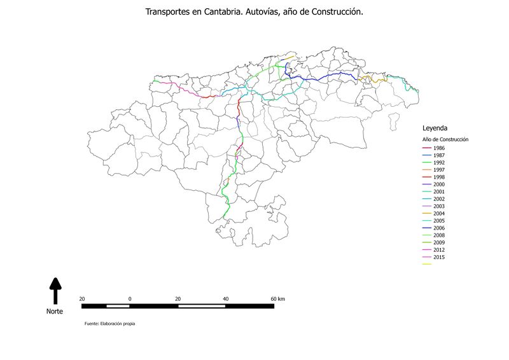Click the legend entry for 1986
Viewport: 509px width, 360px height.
[x=439, y=148]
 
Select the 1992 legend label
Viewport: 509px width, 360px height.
[x=439, y=162]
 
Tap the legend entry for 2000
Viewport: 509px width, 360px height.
[x=439, y=184]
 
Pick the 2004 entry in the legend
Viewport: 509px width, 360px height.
[x=439, y=213]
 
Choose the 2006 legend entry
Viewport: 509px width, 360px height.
[x=439, y=228]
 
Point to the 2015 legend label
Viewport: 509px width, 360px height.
[x=439, y=257]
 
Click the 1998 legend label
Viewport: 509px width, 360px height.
[x=439, y=177]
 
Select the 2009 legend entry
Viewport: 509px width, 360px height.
[x=439, y=242]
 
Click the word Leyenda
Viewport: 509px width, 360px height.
[x=435, y=128]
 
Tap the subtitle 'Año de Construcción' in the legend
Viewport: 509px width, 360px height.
[x=445, y=139]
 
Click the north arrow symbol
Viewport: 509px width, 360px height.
[x=55, y=290]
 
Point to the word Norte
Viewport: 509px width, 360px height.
[x=55, y=312]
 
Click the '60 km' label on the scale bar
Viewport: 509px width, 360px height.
[x=277, y=298]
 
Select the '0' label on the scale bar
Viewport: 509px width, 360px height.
[x=130, y=298]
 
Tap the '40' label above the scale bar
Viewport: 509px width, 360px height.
[x=226, y=298]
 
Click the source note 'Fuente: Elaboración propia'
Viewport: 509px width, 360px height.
[x=109, y=324]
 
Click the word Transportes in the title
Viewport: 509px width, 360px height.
[x=168, y=12]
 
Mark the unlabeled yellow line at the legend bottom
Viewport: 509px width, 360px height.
[x=426, y=264]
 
